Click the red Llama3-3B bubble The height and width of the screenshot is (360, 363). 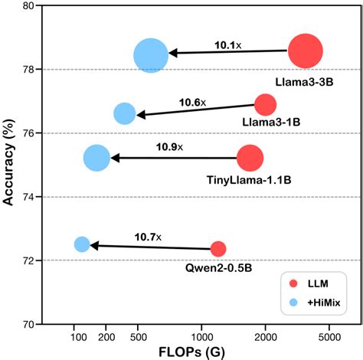pyautogui.click(x=305, y=51)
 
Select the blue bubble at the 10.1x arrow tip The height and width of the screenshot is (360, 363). pyautogui.click(x=151, y=54)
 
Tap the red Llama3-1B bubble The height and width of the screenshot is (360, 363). pyautogui.click(x=265, y=105)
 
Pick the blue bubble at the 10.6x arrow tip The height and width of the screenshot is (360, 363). pyautogui.click(x=124, y=113)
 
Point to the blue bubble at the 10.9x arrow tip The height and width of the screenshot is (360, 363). pyautogui.click(x=96, y=158)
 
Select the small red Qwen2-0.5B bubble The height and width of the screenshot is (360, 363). pyautogui.click(x=218, y=248)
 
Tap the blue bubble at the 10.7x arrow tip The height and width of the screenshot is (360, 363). pyautogui.click(x=82, y=244)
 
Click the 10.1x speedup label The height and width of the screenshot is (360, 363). pyautogui.click(x=227, y=45)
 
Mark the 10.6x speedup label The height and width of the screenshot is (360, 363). pyautogui.click(x=192, y=102)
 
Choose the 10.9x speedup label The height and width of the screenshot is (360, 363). pyautogui.click(x=169, y=146)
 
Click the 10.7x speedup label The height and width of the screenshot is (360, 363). pyautogui.click(x=148, y=237)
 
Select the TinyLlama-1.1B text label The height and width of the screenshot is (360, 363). pyautogui.click(x=249, y=180)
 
